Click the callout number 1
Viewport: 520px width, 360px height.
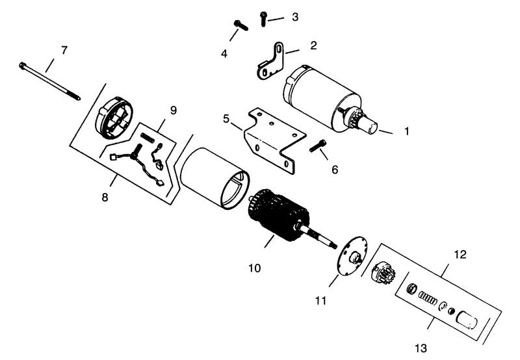pyautogui.click(x=407, y=131)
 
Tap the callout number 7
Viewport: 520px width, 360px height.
pyautogui.click(x=64, y=51)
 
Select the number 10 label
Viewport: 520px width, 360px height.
pyautogui.click(x=255, y=268)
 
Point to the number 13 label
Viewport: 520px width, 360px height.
pyautogui.click(x=421, y=348)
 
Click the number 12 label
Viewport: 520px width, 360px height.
pyautogui.click(x=460, y=254)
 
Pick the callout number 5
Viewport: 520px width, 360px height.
pyautogui.click(x=226, y=119)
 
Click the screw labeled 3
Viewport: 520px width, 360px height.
pyautogui.click(x=263, y=19)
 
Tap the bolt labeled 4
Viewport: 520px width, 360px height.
pyautogui.click(x=241, y=25)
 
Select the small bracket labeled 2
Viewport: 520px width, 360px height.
pyautogui.click(x=270, y=61)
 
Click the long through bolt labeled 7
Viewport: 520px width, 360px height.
pyautogui.click(x=50, y=81)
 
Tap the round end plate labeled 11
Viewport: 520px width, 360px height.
pyautogui.click(x=352, y=256)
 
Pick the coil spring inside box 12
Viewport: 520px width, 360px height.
pyautogui.click(x=428, y=298)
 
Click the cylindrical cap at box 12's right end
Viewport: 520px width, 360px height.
pyautogui.click(x=467, y=320)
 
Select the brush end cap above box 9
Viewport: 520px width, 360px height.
pyautogui.click(x=114, y=118)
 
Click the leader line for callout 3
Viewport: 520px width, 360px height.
pyautogui.click(x=276, y=19)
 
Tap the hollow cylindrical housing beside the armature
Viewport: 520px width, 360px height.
pyautogui.click(x=215, y=178)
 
